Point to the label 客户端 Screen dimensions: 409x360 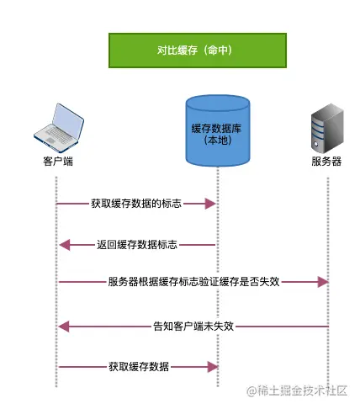click(x=57, y=160)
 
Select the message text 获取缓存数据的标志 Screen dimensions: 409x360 click(x=136, y=204)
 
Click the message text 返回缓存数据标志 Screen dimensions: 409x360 click(x=137, y=245)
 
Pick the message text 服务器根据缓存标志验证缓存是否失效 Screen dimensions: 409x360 click(x=193, y=282)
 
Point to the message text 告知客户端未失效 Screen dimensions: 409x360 click(x=193, y=326)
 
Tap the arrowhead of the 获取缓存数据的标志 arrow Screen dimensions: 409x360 click(x=211, y=204)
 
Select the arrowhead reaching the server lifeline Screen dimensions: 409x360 click(x=322, y=282)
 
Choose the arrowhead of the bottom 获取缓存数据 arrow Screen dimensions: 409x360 click(x=211, y=367)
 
